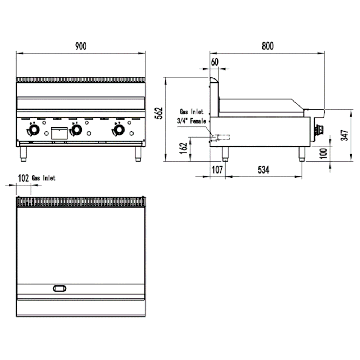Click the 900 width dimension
(x=81, y=46)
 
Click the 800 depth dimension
(x=268, y=46)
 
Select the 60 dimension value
(x=215, y=62)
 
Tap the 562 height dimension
(x=159, y=113)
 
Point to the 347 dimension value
(x=345, y=135)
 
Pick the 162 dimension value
(x=184, y=148)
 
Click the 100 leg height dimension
(x=323, y=153)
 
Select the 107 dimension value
(x=217, y=170)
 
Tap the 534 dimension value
(x=264, y=170)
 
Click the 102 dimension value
(x=23, y=178)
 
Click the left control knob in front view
(x=34, y=130)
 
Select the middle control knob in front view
(x=77, y=130)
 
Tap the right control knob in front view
(x=119, y=130)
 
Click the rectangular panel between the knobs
(x=59, y=134)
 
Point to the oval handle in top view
(x=59, y=288)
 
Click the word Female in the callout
(x=198, y=121)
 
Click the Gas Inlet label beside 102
(x=44, y=178)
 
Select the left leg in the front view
(x=23, y=154)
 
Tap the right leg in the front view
(x=138, y=154)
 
